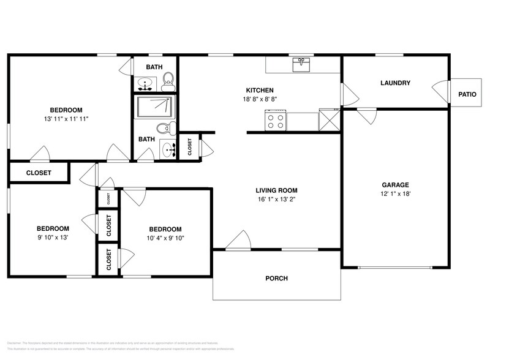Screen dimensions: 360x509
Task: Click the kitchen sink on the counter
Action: (302, 64)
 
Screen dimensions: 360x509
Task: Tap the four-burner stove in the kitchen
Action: (276, 120)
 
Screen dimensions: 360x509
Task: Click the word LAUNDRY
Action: (395, 83)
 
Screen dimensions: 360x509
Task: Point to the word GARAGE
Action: (395, 185)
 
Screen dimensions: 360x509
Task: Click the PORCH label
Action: (276, 279)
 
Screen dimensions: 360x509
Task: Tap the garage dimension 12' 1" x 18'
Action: (395, 194)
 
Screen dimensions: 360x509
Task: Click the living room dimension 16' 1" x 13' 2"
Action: (277, 199)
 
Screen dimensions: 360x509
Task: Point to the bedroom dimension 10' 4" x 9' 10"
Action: (165, 238)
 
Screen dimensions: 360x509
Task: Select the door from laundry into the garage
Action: (367, 116)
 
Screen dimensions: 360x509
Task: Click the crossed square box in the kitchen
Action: (329, 119)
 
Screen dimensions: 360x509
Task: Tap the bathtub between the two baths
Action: (154, 107)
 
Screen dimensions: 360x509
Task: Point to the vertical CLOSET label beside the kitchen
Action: (190, 147)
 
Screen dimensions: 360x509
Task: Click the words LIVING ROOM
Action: (277, 190)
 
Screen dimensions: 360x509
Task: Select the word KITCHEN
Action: (260, 90)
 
